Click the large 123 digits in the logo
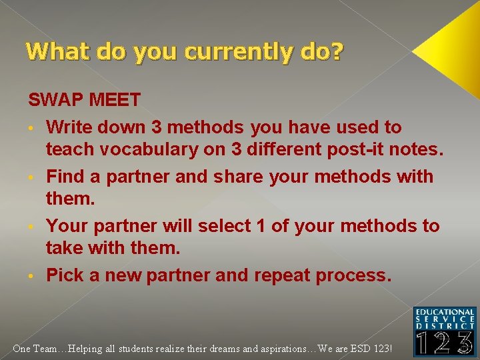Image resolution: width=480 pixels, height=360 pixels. coord(445,342)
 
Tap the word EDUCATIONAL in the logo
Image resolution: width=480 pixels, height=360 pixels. coord(445,311)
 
